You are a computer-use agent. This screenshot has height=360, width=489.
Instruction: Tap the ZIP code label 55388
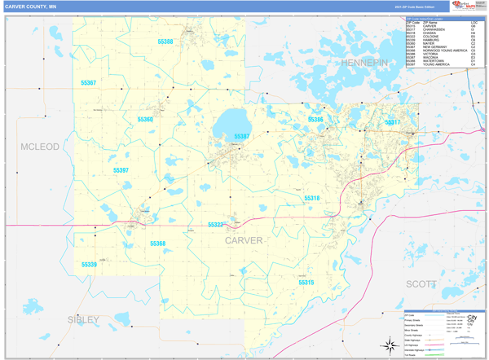[x=165, y=41]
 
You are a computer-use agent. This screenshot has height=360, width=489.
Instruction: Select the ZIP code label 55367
[x=88, y=83]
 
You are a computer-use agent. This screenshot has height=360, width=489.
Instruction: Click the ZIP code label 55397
[x=121, y=170]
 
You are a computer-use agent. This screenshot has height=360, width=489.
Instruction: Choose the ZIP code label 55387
[x=242, y=137]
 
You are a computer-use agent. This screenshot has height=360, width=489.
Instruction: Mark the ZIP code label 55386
[x=315, y=120]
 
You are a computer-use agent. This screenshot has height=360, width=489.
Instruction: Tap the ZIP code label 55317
[x=392, y=122]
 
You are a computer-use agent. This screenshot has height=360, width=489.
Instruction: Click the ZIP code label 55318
[x=312, y=198]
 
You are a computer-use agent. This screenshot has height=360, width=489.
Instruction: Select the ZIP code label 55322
[x=215, y=224]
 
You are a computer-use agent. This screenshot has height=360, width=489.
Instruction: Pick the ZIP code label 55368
[x=157, y=244]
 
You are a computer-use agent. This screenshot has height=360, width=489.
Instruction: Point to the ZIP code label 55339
[x=89, y=265]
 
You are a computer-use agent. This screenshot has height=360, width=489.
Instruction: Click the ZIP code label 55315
[x=306, y=282]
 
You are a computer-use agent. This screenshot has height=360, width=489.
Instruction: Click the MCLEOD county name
[x=40, y=147]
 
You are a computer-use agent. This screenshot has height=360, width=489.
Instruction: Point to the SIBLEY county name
[x=83, y=319]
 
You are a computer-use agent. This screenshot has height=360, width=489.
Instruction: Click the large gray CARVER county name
[x=244, y=240]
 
